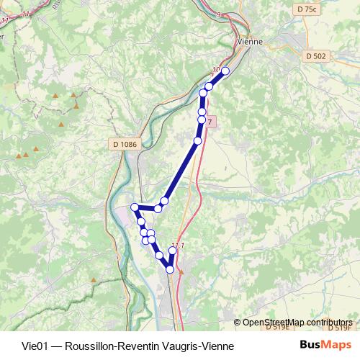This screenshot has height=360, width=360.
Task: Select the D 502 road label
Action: coord(315,55)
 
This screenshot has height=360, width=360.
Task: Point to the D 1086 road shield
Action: coord(125,144)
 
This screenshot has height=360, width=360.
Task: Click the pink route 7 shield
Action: coord(209,122)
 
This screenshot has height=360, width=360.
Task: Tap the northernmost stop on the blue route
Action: coord(225,71)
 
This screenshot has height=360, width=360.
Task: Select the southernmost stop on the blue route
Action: coord(170,269)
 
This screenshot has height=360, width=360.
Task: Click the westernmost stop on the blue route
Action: coord(134,207)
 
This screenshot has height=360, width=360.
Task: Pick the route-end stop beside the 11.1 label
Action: coord(172,251)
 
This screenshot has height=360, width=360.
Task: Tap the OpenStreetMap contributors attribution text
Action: coord(297,322)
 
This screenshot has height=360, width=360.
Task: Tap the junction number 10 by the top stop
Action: coord(217,69)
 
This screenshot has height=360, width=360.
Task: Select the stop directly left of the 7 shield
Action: coord(202,120)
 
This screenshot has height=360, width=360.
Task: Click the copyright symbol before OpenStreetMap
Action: coord(238,322)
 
